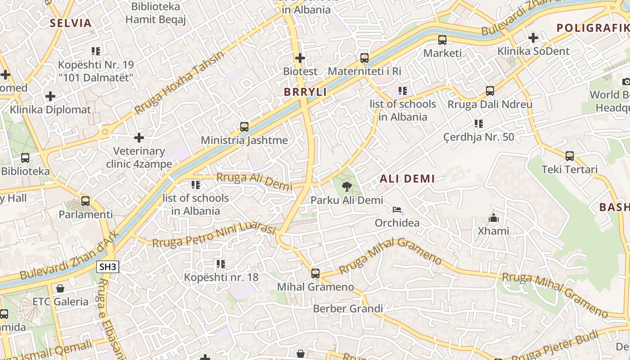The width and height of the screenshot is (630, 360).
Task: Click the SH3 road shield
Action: [108, 267]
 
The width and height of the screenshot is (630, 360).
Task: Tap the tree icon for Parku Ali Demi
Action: [346, 187]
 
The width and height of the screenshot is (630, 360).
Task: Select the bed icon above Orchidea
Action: [397, 210]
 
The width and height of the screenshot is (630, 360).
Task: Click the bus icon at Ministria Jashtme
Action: [244, 127]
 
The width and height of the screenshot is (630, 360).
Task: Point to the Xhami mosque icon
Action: [494, 218]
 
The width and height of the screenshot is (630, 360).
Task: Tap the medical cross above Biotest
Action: [300, 58]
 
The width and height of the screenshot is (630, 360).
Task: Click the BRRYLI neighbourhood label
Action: [305, 92]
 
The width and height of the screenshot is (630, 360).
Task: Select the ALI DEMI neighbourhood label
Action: [407, 179]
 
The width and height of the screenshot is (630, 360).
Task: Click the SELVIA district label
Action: [71, 23]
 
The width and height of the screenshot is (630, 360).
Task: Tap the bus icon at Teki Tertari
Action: [570, 156]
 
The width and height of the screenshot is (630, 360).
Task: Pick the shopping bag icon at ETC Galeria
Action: [60, 288]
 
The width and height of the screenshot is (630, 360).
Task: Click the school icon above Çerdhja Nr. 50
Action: [478, 124]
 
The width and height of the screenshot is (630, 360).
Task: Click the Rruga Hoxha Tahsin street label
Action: [179, 83]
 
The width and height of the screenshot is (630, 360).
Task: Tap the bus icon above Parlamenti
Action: [85, 201]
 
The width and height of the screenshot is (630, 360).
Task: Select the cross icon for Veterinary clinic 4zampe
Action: [139, 138]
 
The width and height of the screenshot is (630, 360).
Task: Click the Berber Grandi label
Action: [348, 309]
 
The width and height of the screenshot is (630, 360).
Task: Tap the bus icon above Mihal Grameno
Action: [315, 273]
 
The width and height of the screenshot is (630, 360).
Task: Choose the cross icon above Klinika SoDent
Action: [533, 38]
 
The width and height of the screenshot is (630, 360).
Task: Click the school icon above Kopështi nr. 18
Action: [220, 264]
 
